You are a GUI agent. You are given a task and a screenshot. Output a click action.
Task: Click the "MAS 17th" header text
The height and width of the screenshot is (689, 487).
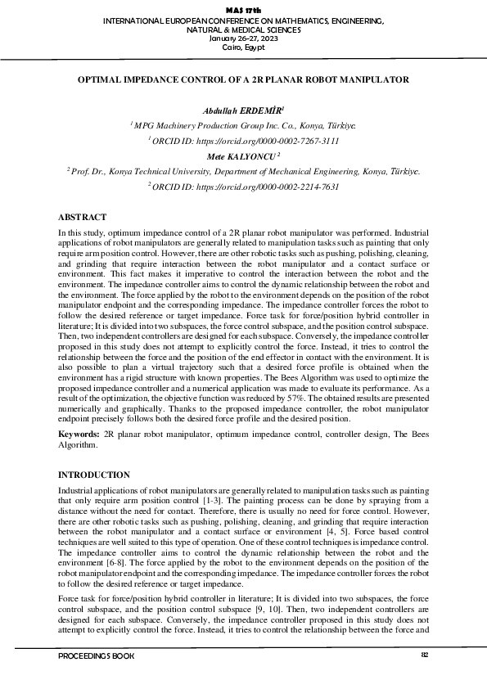tap(243, 9)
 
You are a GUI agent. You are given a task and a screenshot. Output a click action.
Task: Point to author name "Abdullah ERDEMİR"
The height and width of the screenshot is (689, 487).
tap(241, 110)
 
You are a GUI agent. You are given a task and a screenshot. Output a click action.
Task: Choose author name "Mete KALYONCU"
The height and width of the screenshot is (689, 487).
tap(241, 155)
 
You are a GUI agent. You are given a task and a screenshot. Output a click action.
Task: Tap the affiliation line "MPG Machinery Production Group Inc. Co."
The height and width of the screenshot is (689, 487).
tap(243, 126)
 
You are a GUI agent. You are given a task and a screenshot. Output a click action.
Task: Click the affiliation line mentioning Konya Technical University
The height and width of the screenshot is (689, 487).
tap(243, 171)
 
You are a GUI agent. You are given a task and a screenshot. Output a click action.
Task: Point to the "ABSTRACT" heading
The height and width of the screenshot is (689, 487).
tap(82, 218)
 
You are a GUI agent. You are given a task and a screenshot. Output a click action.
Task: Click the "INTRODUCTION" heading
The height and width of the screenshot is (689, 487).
tap(94, 475)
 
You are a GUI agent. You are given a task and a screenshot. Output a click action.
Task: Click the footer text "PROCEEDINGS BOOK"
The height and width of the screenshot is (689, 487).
tap(97, 656)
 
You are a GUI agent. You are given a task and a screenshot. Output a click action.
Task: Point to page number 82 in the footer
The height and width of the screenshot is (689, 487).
tap(425, 655)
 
